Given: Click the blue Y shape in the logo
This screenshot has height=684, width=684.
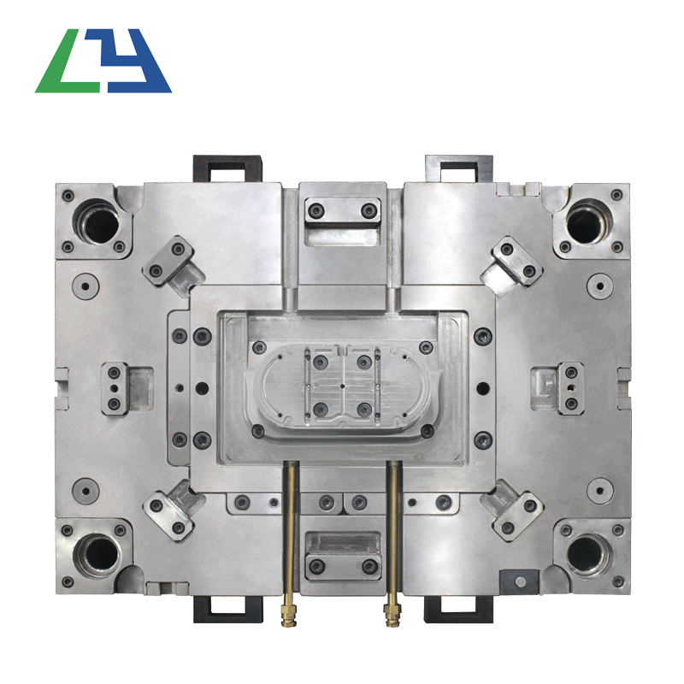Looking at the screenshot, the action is (131, 61).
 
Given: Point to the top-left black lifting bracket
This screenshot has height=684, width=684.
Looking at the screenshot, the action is (227, 168).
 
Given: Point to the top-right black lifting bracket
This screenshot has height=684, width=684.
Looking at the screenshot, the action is (458, 168).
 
